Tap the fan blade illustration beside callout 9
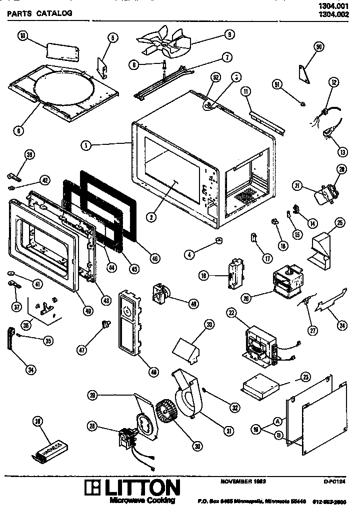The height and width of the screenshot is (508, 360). click(x=165, y=43)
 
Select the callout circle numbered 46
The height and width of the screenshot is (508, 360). click(x=154, y=258)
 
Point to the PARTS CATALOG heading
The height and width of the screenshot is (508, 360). click(x=39, y=13)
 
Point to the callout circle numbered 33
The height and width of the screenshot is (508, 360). click(x=209, y=325)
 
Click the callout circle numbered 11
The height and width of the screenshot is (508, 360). click(x=246, y=91)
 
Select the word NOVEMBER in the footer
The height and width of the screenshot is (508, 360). click(x=235, y=481)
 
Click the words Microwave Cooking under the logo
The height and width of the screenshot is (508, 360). click(x=142, y=500)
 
